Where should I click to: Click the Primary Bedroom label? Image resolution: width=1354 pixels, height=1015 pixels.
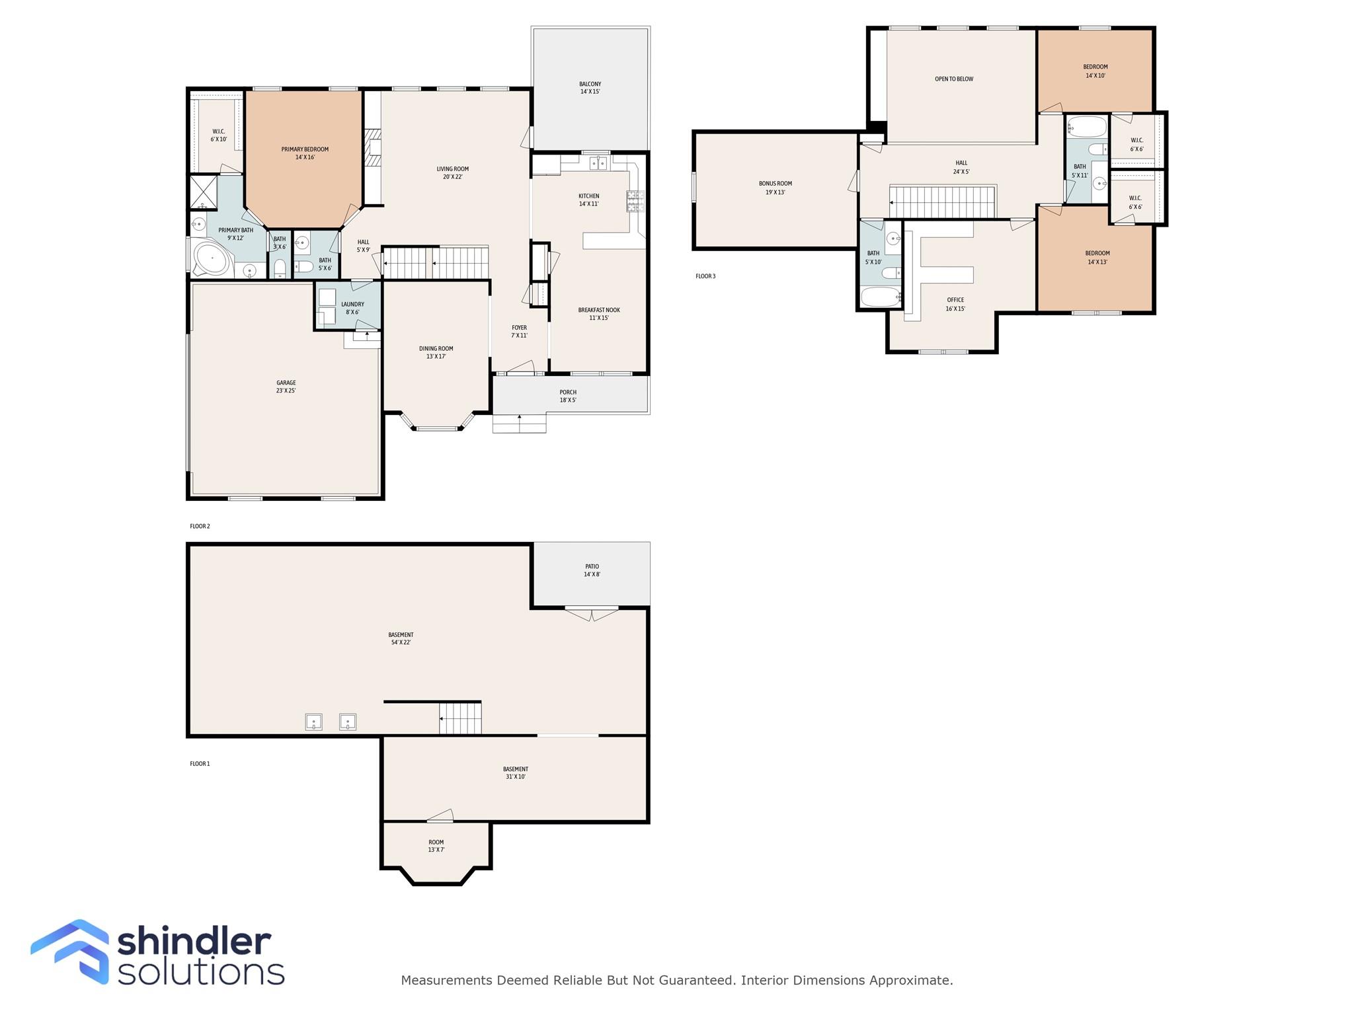[x=305, y=153]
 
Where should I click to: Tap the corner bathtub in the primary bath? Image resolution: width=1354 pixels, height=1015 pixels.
[x=211, y=259]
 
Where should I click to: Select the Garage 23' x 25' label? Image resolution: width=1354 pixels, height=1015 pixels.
[x=286, y=387]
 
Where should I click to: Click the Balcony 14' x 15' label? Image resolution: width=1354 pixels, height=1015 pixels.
[x=590, y=88]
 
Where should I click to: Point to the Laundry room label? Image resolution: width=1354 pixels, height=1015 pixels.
[x=352, y=308]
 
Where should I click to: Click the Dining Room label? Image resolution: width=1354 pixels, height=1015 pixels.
[x=436, y=352]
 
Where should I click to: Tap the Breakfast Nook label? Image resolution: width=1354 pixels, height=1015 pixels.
[x=599, y=314]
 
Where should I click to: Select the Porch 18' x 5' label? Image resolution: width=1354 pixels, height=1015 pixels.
[x=568, y=396]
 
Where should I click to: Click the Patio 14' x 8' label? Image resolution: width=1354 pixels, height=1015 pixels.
[x=592, y=570]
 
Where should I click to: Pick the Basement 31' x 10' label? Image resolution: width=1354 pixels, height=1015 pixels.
[x=515, y=772]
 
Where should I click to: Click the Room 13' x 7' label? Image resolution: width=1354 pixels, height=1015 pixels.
[x=436, y=846]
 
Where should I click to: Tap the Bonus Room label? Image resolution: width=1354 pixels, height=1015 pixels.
[x=775, y=188]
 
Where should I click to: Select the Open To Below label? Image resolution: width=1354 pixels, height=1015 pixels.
[x=953, y=79]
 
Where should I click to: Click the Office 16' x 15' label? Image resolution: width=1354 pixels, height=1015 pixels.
[x=955, y=304]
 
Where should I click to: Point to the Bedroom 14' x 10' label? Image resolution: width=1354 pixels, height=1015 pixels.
[x=1095, y=71]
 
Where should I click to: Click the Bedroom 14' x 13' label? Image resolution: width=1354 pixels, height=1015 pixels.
[x=1097, y=257]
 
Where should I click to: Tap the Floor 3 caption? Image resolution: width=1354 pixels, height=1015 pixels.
[x=705, y=276]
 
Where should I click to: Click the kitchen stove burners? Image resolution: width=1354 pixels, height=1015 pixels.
[x=635, y=201]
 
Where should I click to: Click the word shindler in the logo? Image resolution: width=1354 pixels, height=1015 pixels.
[x=194, y=942]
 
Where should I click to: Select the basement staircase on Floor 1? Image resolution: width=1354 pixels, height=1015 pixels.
[x=460, y=718]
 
